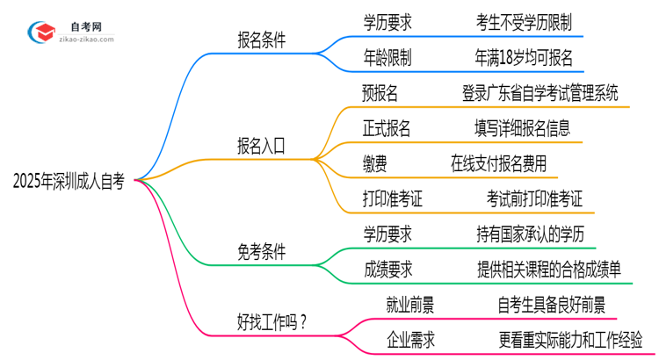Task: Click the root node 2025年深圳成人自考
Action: [69, 182]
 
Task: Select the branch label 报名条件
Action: [261, 40]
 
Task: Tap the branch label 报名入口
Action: [260, 146]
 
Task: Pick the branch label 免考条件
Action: [260, 251]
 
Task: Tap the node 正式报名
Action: [387, 128]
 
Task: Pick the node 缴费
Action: [374, 163]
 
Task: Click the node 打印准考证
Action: [393, 198]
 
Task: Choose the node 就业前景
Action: [410, 304]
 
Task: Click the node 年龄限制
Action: [387, 58]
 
